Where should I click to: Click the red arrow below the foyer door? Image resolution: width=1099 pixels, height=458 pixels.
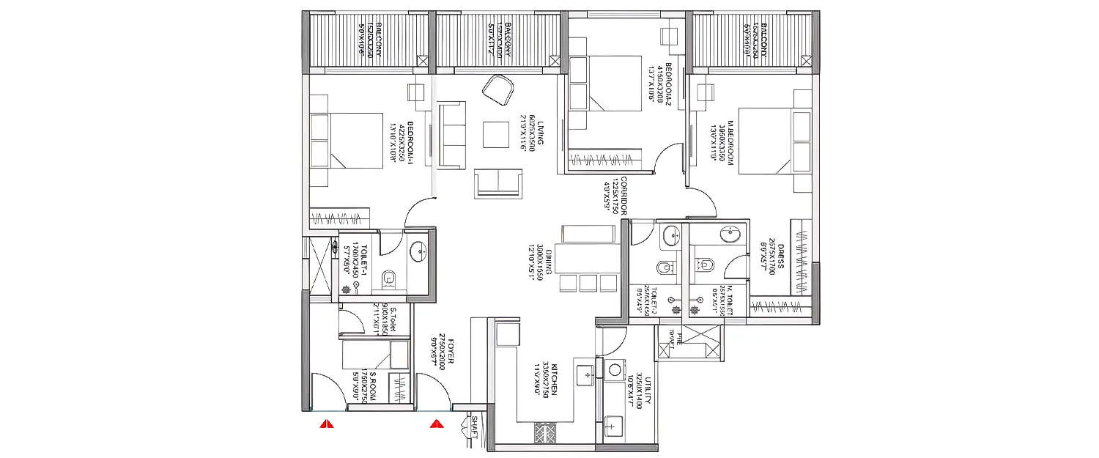437,424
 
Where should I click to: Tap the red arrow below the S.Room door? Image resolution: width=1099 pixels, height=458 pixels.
327,424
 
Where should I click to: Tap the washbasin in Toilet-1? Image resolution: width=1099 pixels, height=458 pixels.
418,250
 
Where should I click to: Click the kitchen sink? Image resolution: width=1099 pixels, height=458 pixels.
586,374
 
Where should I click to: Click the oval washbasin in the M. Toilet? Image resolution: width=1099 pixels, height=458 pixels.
730,234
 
